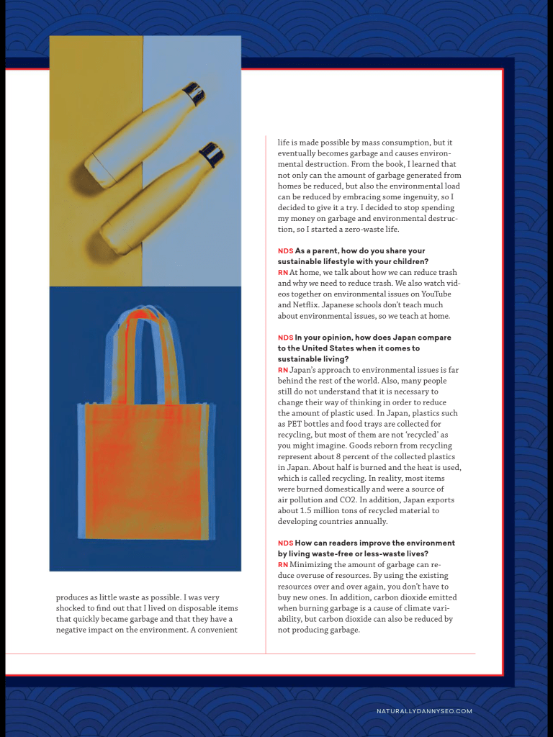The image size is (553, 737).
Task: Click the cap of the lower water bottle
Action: pos(212,153)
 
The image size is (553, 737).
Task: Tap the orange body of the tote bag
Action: pos(144,468)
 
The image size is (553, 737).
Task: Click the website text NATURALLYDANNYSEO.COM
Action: pos(424,711)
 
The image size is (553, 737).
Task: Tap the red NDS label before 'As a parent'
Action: pos(285,251)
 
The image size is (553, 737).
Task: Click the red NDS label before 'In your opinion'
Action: pos(285,338)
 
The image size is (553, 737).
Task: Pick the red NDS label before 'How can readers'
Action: pos(285,543)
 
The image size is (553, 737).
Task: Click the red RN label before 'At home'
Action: pos(282,273)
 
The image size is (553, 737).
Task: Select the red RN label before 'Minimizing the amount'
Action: pos(282,565)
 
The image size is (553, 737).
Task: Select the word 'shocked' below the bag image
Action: pos(72,608)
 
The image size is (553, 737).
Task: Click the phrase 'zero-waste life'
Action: pos(385,230)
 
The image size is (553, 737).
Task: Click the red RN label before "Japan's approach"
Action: pos(282,370)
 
